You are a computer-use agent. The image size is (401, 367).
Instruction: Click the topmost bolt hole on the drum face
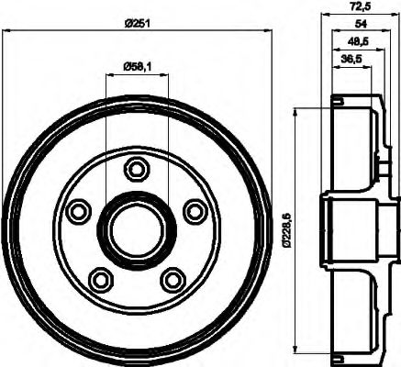click(x=138, y=169)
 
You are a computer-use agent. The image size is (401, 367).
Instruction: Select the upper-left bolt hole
click(x=80, y=211)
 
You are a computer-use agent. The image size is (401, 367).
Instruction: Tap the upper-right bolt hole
click(x=195, y=211)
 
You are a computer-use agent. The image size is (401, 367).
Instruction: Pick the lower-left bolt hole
click(x=101, y=277)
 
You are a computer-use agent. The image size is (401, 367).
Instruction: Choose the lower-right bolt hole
click(x=172, y=277)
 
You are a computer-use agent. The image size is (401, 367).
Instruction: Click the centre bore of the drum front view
click(x=137, y=229)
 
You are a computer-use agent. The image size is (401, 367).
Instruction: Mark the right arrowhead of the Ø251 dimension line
click(x=271, y=30)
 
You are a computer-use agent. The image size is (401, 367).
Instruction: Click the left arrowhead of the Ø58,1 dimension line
click(x=108, y=75)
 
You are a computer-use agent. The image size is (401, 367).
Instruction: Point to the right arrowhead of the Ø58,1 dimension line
click(x=166, y=75)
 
